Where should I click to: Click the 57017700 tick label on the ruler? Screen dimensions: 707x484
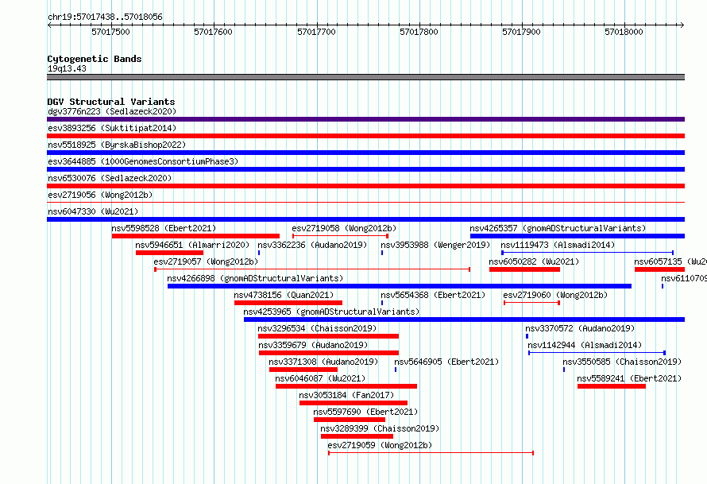tap(316, 32)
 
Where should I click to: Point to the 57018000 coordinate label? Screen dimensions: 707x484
tap(624, 32)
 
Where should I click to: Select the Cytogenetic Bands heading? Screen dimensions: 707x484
tap(95, 59)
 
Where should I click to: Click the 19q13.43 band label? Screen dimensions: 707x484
tap(67, 68)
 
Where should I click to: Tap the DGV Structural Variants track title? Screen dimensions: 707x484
tap(111, 102)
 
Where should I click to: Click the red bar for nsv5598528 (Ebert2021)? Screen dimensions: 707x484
tap(195, 236)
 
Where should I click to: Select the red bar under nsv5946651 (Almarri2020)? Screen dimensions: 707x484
tap(169, 253)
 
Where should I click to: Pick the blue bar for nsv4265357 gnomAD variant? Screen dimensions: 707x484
tap(578, 236)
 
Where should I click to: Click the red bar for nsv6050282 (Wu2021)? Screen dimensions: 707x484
tap(524, 269)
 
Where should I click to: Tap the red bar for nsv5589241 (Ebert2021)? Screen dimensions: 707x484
tap(612, 386)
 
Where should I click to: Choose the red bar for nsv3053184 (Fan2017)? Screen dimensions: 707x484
tap(353, 403)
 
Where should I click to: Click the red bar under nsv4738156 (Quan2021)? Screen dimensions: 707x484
tap(288, 303)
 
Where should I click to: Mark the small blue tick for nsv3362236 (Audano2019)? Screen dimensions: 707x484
tap(259, 253)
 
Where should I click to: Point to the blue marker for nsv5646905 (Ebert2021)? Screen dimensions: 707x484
tap(396, 370)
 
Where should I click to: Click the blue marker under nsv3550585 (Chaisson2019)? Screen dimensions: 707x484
tap(564, 370)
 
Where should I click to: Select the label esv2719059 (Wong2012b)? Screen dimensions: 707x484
tap(380, 445)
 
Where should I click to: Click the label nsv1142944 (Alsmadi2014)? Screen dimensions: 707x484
tap(585, 345)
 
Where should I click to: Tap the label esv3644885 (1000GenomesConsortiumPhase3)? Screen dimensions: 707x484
tap(143, 161)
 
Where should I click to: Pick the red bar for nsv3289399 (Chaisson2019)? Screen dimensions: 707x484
tap(357, 436)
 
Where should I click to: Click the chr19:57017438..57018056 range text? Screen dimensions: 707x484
tap(105, 17)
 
